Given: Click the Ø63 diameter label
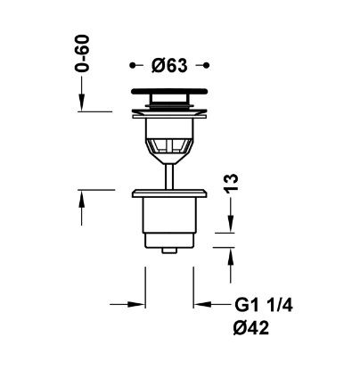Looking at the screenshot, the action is (169, 65).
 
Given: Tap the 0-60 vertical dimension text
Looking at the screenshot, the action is (82, 53).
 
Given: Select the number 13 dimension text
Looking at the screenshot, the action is (231, 184).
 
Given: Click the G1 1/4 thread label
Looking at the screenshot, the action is (264, 305).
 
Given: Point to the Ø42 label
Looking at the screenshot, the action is (251, 328).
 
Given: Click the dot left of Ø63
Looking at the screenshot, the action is (133, 65).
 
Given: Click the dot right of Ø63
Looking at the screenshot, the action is (207, 65).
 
